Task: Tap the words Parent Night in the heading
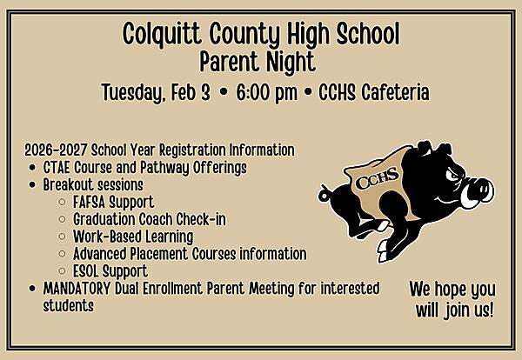[258, 63]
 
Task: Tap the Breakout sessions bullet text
[93, 184]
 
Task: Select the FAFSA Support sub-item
[114, 202]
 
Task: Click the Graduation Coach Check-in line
[150, 219]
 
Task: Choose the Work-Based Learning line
[133, 237]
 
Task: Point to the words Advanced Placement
[131, 254]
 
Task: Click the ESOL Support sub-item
[110, 271]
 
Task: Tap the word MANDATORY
[80, 289]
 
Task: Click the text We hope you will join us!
[452, 298]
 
